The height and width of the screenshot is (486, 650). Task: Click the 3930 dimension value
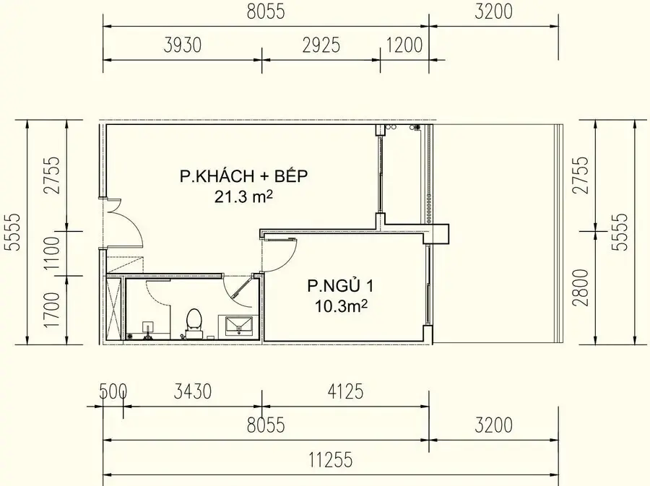(x=182, y=46)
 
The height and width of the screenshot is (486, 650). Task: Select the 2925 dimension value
(x=321, y=46)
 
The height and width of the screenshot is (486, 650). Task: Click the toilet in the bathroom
(x=194, y=322)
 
